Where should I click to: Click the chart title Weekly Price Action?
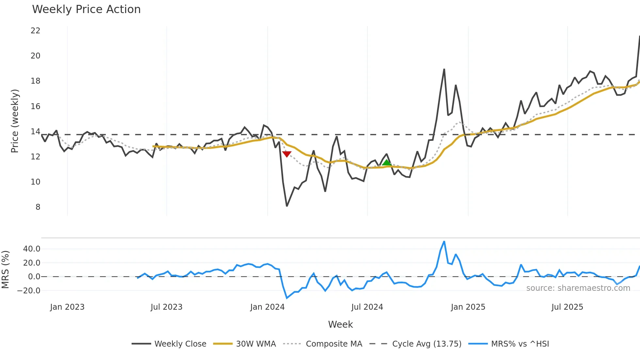86,9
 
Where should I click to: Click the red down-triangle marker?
287,154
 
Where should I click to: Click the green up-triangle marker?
387,163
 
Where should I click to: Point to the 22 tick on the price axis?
35,31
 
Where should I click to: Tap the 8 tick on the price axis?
38,207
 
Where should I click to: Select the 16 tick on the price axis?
35,106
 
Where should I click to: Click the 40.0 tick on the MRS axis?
32,249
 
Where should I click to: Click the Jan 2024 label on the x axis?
267,307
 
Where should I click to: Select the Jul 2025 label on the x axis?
567,307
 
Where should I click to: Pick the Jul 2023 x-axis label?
167,307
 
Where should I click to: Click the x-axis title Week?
340,324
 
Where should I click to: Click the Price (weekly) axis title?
15,121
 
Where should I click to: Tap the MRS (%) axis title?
5,270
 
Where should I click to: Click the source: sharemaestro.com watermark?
578,288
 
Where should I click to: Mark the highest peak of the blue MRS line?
444,242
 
